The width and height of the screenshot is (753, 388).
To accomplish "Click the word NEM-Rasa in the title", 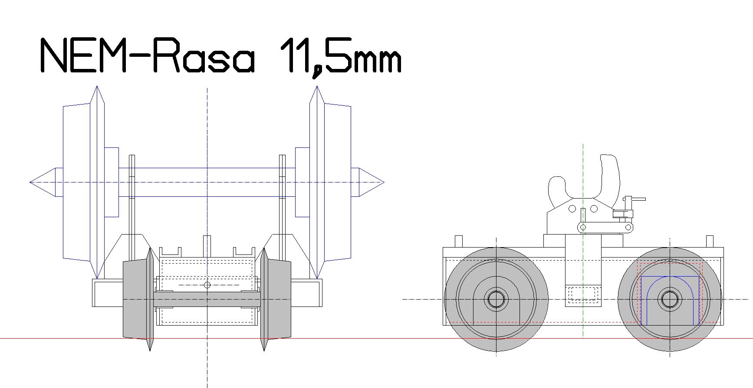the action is pyautogui.click(x=147, y=56).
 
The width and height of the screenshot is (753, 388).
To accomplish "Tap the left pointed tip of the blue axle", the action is pyautogui.click(x=30, y=182).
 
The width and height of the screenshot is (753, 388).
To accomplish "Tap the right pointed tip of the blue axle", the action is pyautogui.click(x=383, y=182).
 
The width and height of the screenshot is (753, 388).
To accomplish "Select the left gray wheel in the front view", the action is pyautogui.click(x=138, y=299).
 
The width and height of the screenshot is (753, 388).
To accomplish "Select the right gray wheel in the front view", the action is pyautogui.click(x=275, y=299).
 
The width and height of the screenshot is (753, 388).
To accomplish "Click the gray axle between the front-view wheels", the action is pyautogui.click(x=207, y=300).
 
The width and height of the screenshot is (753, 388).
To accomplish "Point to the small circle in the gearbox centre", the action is pyautogui.click(x=207, y=285).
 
